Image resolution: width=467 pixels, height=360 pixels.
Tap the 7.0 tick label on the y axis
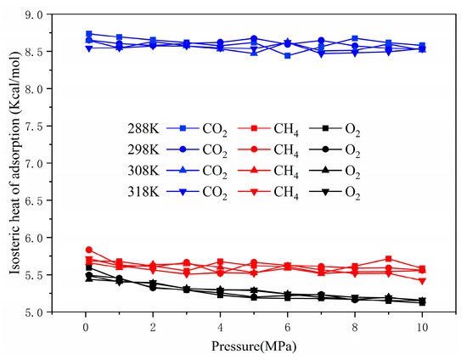coord(33,163)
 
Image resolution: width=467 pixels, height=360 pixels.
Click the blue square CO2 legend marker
coord(182,129)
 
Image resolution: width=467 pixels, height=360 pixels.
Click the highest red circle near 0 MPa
coord(89,250)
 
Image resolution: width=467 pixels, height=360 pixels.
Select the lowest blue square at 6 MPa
coord(288,55)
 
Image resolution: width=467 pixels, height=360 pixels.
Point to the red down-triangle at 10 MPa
coord(422,281)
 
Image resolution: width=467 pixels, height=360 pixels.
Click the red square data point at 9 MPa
coord(388,259)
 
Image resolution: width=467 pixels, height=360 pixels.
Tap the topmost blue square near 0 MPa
coord(89,34)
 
